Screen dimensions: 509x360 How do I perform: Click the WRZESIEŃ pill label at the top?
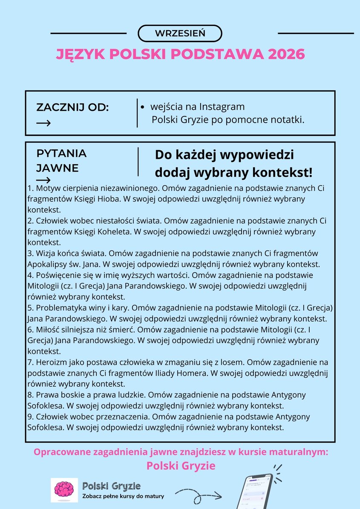tap(180, 33)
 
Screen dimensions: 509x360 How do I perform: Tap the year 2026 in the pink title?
tap(285, 54)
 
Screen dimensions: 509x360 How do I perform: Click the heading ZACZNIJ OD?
tap(72, 107)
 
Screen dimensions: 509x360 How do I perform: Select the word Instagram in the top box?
tap(222, 106)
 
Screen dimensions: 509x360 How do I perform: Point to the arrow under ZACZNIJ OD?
tap(43, 124)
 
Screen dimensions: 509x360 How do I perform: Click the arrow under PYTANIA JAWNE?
tap(43, 180)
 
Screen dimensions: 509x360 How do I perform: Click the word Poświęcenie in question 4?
tap(58, 275)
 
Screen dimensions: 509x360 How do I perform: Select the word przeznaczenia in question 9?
tap(121, 416)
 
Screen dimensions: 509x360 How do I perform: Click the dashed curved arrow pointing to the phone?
tap(199, 495)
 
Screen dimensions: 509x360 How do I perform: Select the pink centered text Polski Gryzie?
tap(181, 466)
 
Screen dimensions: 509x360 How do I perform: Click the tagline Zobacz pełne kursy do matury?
tap(123, 496)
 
